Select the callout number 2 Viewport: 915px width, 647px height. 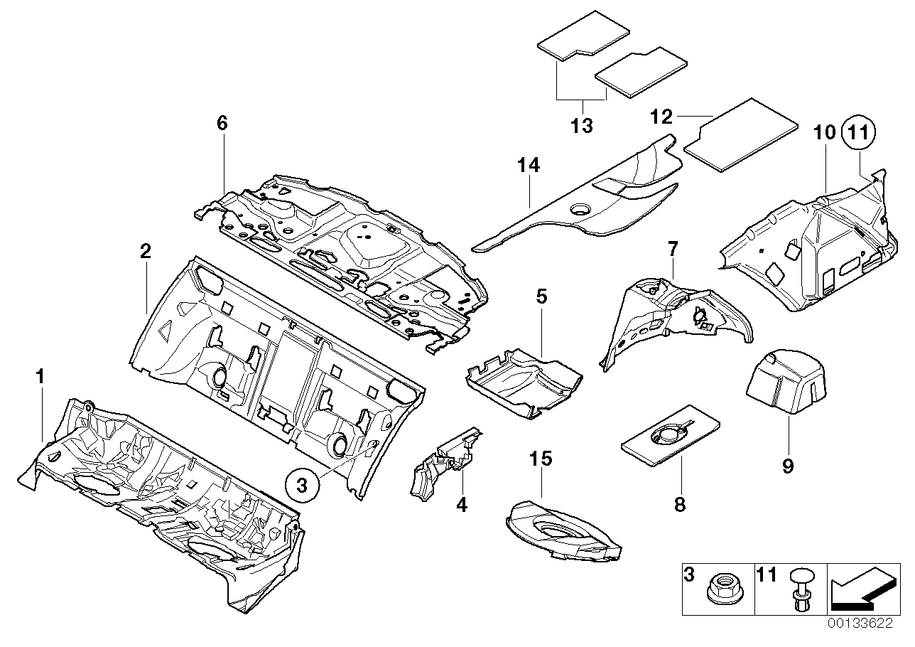145,251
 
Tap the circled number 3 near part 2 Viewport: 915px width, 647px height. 302,486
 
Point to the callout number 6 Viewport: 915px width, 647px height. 222,123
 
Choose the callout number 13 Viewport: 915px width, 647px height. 581,126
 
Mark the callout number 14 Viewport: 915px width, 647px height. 529,166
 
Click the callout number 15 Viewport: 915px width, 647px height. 541,459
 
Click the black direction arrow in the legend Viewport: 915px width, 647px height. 862,589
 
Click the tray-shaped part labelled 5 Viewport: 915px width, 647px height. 521,384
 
